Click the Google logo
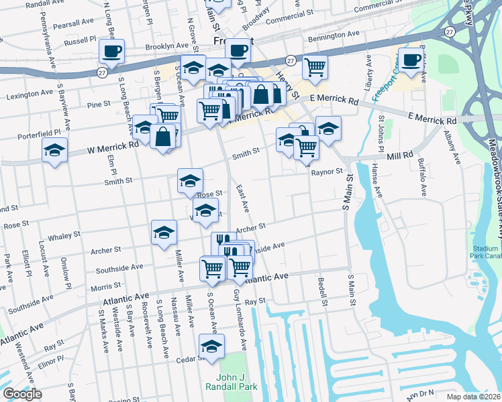pos(22,394)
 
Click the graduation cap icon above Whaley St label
pos(164,232)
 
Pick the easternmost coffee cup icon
pos(411,60)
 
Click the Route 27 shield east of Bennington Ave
pos(448,31)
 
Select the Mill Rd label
pos(400,155)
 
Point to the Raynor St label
pos(327,172)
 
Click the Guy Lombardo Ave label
pos(237,328)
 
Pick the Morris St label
pos(105,287)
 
